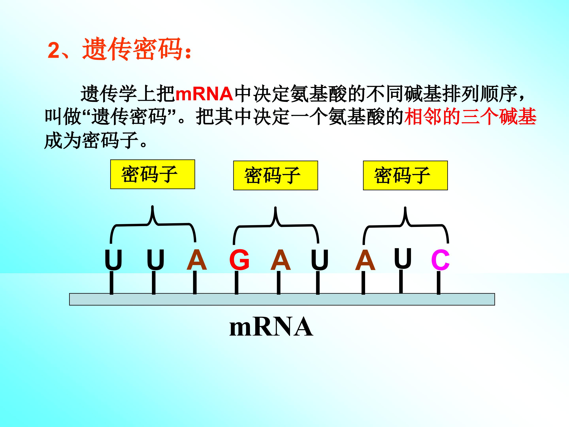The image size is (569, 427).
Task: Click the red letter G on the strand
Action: [239, 260]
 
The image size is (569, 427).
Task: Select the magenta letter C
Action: [440, 260]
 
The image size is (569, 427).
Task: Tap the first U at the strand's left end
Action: [113, 260]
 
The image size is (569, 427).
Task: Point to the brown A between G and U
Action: [280, 260]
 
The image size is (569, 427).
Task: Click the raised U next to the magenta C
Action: [403, 258]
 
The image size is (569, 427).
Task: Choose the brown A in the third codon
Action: [365, 260]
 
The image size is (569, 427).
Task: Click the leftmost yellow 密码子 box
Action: [153, 174]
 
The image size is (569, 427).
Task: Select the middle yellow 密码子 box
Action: [275, 176]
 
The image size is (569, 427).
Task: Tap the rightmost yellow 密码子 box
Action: [405, 176]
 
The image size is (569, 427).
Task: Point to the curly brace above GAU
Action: [276, 225]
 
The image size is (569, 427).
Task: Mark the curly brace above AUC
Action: [406, 225]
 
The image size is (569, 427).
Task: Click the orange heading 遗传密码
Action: [133, 49]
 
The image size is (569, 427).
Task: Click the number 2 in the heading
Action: [54, 50]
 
